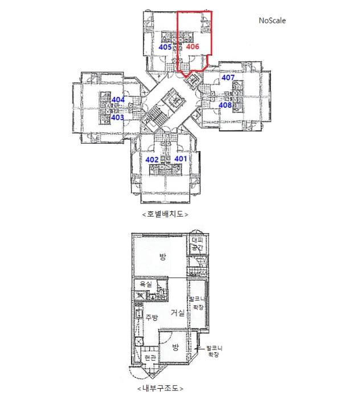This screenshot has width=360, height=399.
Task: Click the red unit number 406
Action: click(193, 47)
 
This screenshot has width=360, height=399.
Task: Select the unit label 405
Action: click(165, 47)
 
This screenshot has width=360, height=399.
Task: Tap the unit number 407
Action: click(228, 78)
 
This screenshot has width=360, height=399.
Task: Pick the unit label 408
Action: click(225, 105)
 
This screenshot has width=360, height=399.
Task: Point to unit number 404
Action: click(118, 100)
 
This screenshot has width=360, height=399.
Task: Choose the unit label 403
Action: click(117, 117)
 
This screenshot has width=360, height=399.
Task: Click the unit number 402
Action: click(152, 160)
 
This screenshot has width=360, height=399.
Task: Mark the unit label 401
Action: click(181, 159)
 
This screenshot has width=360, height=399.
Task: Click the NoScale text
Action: click(272, 21)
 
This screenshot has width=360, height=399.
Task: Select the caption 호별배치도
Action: click(165, 214)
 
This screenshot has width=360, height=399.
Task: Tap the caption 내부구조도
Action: click(160, 389)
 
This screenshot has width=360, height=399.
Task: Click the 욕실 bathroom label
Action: click(146, 284)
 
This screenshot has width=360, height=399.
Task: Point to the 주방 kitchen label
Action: click(152, 317)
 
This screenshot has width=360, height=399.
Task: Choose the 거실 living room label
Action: click(178, 312)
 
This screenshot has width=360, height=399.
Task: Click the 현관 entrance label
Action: click(150, 358)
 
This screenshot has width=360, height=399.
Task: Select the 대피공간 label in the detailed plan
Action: click(197, 244)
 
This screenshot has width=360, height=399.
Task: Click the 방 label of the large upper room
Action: click(163, 256)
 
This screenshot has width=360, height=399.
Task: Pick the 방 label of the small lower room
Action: click(175, 347)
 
